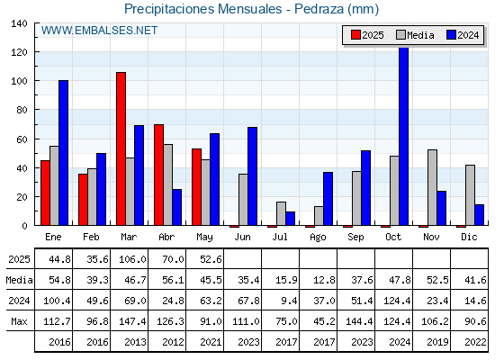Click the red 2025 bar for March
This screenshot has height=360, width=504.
[121, 148]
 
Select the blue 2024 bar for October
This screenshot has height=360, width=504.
[403, 136]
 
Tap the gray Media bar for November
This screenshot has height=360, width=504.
[432, 187]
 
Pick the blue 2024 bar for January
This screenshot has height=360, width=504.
[63, 153]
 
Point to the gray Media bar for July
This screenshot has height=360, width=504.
[281, 214]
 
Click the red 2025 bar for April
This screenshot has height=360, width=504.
[158, 175]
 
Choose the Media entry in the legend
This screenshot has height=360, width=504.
[415, 35]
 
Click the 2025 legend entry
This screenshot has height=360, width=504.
[367, 35]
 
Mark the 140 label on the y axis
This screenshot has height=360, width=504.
[20, 23]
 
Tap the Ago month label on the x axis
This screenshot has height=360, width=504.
[318, 238]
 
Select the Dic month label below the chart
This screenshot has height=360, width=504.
[469, 237]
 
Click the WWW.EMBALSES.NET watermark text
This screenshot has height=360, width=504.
[99, 31]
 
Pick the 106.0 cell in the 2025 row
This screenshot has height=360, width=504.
[132, 259]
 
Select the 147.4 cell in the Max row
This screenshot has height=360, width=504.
[132, 321]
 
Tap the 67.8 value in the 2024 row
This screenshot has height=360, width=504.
[248, 301]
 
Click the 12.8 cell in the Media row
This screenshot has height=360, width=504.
[324, 280]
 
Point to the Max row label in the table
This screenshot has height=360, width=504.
[19, 321]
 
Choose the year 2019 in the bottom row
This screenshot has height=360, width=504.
[437, 342]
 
